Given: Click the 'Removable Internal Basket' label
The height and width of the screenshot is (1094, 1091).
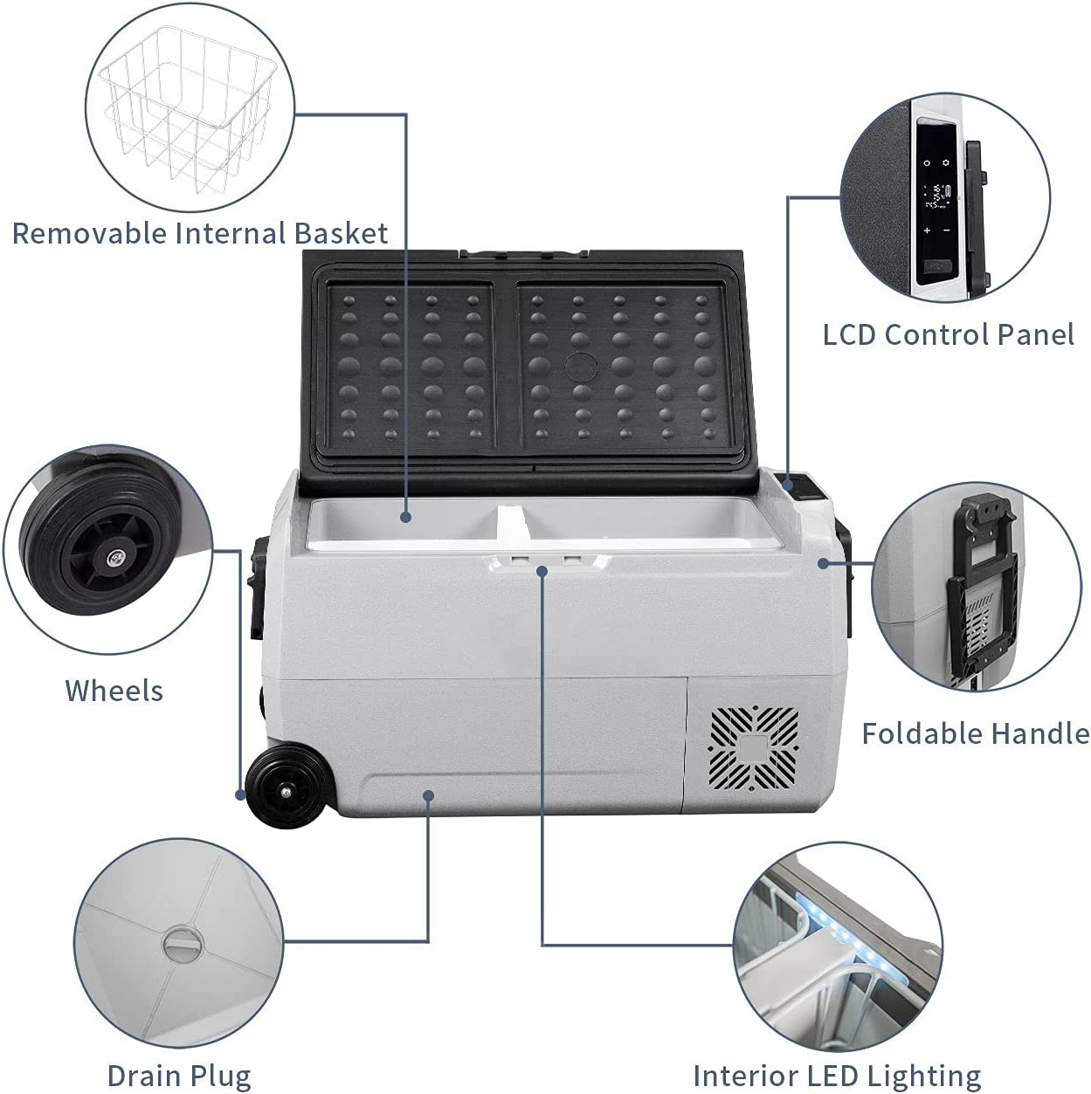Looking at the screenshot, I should [199, 233].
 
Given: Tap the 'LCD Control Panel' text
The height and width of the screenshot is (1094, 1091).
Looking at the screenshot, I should [948, 334].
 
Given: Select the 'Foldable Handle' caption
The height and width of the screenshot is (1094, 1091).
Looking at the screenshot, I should [975, 733].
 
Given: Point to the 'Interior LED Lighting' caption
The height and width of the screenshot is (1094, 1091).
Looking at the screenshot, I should [836, 1075].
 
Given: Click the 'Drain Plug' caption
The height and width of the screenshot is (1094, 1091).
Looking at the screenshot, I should [178, 1075].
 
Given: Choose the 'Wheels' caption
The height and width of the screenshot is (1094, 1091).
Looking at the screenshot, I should [114, 691].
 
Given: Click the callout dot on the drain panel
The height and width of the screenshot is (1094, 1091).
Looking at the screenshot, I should [428, 795].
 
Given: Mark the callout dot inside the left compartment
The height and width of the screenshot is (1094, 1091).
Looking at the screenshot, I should [406, 517].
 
